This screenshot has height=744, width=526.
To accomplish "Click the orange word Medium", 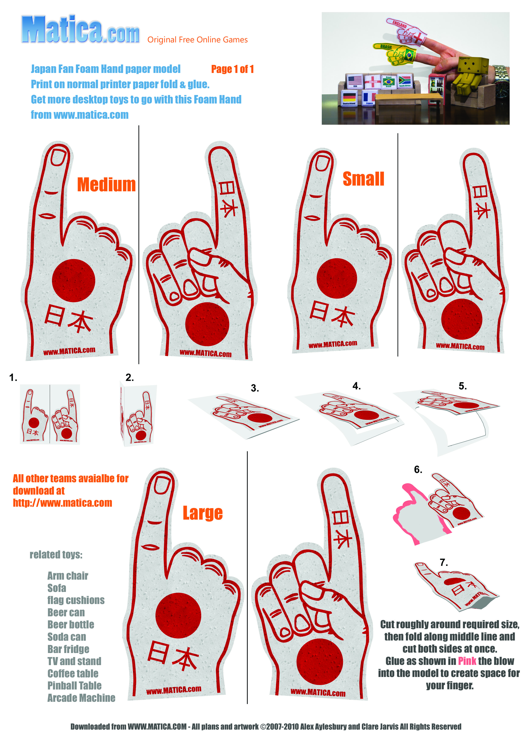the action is pyautogui.click(x=106, y=185).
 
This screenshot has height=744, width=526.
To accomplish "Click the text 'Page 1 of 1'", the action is pyautogui.click(x=232, y=69).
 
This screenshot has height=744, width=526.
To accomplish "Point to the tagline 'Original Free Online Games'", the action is pyautogui.click(x=197, y=40).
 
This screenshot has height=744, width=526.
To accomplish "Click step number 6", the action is pyautogui.click(x=418, y=470).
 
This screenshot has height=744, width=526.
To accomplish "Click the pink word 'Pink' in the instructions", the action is pyautogui.click(x=467, y=661).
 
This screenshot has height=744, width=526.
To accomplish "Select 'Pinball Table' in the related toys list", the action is pyautogui.click(x=74, y=685).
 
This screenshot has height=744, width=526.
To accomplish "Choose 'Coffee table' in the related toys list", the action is pyautogui.click(x=73, y=673).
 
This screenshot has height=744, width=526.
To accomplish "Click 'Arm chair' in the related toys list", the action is pyautogui.click(x=68, y=576).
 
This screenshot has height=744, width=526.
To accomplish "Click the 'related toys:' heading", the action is pyautogui.click(x=56, y=555).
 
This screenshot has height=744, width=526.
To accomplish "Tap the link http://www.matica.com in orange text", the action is pyautogui.click(x=63, y=503).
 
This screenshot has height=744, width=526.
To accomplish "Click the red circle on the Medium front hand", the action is pyautogui.click(x=74, y=281).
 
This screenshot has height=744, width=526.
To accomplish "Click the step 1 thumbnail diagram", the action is pyautogui.click(x=50, y=414).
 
